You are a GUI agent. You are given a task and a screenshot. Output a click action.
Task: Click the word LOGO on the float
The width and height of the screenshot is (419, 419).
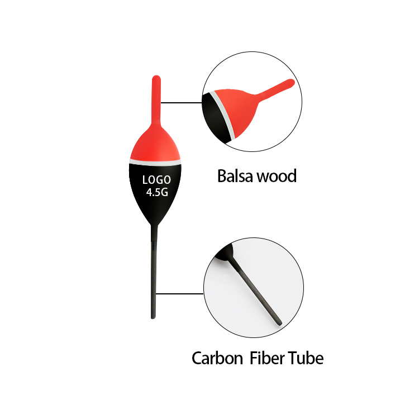click(156, 180)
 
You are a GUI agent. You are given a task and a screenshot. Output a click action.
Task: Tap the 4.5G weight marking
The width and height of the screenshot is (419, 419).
click(157, 192)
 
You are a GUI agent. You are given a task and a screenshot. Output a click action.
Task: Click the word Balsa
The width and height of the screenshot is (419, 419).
click(235, 176)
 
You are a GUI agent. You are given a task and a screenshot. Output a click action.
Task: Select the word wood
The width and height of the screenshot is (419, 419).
click(277, 176)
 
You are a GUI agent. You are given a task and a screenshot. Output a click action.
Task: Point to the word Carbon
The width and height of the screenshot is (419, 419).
click(217, 358)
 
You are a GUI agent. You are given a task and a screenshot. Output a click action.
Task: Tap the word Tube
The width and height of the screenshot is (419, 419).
click(306, 358)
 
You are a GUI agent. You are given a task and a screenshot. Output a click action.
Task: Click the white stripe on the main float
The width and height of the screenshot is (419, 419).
click(155, 162)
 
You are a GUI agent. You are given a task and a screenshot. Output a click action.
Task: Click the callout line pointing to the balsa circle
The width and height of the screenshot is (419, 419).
click(182, 102)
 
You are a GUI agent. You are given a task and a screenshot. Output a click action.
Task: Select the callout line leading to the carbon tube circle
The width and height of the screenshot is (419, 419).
click(180, 294)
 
